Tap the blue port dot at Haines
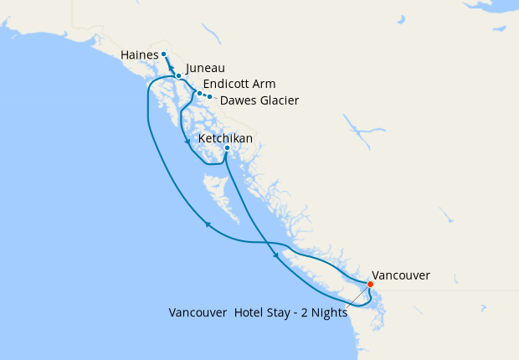click(x=163, y=54)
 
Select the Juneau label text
click(x=205, y=69)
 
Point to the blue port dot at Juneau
click(x=178, y=75)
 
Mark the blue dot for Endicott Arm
click(x=199, y=93)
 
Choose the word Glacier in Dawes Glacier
click(x=276, y=100)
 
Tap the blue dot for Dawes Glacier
click(x=209, y=96)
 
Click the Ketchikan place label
click(x=225, y=138)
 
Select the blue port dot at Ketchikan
click(x=227, y=149)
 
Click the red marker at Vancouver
click(x=371, y=284)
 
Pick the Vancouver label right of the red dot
click(x=401, y=275)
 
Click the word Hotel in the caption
click(x=255, y=313)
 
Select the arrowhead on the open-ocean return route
click(x=206, y=224)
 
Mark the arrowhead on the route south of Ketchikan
click(x=275, y=257)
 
